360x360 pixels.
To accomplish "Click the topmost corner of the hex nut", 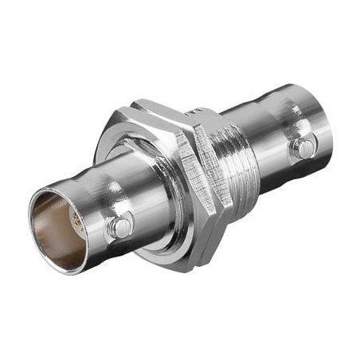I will (x=140, y=101).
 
